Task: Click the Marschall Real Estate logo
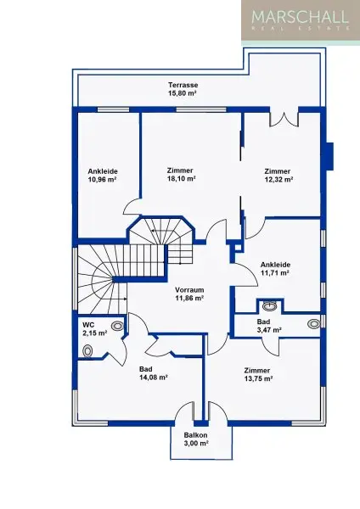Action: pyautogui.click(x=301, y=20)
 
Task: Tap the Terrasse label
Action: pyautogui.click(x=183, y=85)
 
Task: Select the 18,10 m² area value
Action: pyautogui.click(x=182, y=178)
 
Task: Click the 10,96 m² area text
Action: pyautogui.click(x=103, y=180)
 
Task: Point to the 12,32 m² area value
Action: pyautogui.click(x=278, y=180)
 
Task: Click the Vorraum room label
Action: pyautogui.click(x=189, y=290)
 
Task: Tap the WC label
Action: pyautogui.click(x=88, y=325)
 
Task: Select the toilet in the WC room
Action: pyautogui.click(x=87, y=351)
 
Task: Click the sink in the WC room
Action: pyautogui.click(x=118, y=326)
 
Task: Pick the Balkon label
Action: pyautogui.click(x=195, y=435)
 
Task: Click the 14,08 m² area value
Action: pyautogui.click(x=154, y=378)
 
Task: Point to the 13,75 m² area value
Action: pyautogui.click(x=258, y=378)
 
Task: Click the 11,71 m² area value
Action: pyautogui.click(x=275, y=273)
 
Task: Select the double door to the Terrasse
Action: pyautogui.click(x=284, y=119)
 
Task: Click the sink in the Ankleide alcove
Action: pyautogui.click(x=270, y=305)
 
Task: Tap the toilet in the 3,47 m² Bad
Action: pyautogui.click(x=314, y=323)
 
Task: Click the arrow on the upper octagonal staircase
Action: pyautogui.click(x=162, y=231)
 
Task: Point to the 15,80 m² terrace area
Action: pyautogui.click(x=183, y=93)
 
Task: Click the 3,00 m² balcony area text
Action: pyautogui.click(x=195, y=443)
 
